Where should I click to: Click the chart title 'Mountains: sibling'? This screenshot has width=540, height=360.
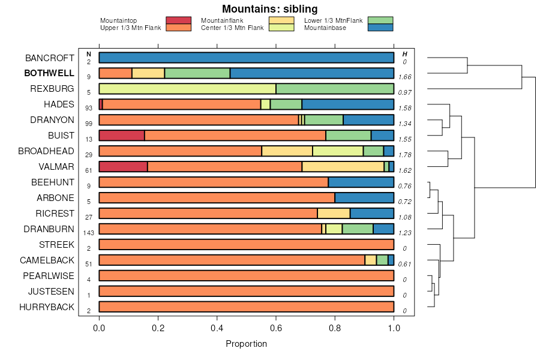coord(269,9)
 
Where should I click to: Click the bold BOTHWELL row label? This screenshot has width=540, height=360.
coord(49,73)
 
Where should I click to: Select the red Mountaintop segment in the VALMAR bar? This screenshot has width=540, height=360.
coord(123,167)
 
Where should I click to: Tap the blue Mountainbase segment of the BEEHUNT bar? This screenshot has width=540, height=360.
coord(361,182)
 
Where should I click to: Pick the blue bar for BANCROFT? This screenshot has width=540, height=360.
coord(246,58)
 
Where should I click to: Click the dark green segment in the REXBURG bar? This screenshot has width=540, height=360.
coord(335,89)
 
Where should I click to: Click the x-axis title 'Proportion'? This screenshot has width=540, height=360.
coord(246,344)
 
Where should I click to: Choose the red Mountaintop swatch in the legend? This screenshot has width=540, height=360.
coord(178,20)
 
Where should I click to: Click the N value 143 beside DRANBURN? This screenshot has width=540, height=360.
coord(89,233)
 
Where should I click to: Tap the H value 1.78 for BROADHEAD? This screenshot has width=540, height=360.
coord(404,155)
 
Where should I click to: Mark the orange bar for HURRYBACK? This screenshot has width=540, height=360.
coord(246,307)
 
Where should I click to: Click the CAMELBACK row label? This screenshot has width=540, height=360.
coord(47,260)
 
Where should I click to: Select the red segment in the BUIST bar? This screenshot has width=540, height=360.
coord(122,136)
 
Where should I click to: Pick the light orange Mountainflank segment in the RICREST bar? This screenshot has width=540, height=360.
coord(334,214)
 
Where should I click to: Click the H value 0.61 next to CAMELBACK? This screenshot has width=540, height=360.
coord(404,264)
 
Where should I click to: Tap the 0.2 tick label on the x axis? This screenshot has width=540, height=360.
coord(158,328)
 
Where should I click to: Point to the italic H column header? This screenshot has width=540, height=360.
coord(404,54)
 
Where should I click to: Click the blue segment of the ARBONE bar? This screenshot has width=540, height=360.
coord(364,198)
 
